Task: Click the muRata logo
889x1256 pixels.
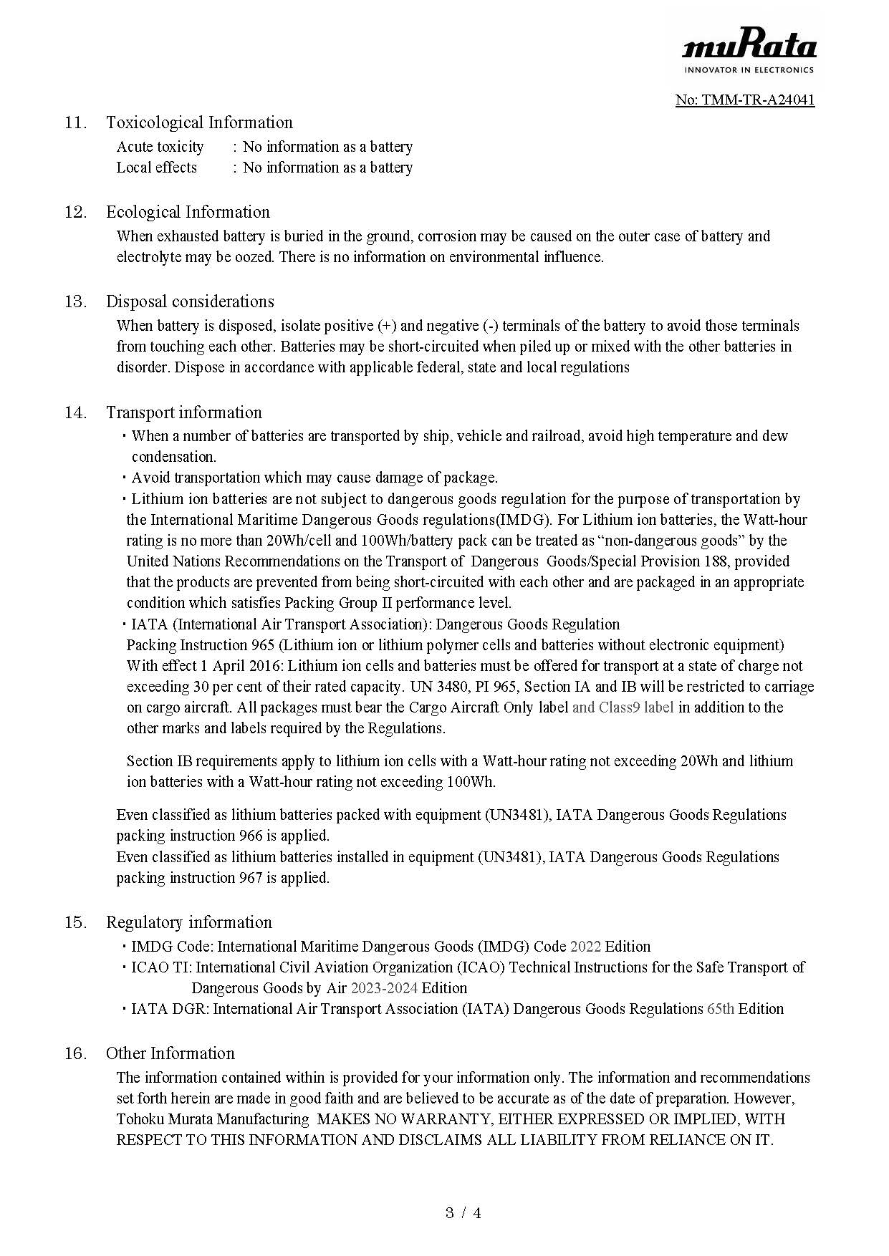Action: click(x=749, y=47)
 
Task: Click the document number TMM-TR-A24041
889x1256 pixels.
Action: click(x=745, y=100)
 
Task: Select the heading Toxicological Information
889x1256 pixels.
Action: click(x=199, y=122)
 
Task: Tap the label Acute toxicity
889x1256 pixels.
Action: click(x=160, y=147)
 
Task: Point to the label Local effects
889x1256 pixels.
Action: click(x=156, y=168)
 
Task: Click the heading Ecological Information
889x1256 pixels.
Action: click(x=188, y=212)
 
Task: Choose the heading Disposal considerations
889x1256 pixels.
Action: click(x=190, y=301)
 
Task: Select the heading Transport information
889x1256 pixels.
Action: click(x=184, y=412)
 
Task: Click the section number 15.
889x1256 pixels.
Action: click(x=75, y=922)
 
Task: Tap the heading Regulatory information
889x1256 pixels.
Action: click(x=189, y=922)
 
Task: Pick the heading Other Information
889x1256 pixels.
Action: click(x=170, y=1053)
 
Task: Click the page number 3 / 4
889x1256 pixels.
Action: click(x=463, y=1213)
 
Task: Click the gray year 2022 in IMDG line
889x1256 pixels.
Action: click(x=585, y=947)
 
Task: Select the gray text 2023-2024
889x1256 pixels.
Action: click(x=384, y=988)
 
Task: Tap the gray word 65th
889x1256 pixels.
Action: click(x=720, y=1009)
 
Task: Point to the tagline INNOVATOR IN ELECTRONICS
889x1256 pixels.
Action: click(x=749, y=70)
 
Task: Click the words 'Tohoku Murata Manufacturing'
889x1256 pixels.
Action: click(x=213, y=1119)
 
